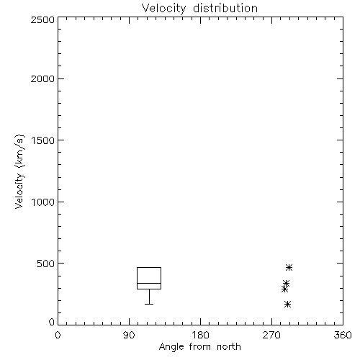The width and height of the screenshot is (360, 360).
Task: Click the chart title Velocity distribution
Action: (x=199, y=8)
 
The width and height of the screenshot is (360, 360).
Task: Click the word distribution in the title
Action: (x=225, y=8)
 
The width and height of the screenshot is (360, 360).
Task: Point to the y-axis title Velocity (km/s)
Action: (x=19, y=171)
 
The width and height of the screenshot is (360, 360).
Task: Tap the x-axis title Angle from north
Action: (x=199, y=347)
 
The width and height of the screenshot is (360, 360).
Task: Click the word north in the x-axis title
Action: (x=229, y=347)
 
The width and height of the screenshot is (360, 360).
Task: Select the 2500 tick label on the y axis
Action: (x=42, y=20)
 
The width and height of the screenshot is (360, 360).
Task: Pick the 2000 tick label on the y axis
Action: (x=42, y=79)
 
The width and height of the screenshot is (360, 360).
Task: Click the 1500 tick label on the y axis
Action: (x=43, y=140)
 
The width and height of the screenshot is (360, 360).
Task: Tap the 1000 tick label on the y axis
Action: (x=43, y=202)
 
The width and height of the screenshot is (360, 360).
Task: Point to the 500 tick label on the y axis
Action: (x=46, y=264)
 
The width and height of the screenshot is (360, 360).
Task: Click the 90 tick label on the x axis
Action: (x=129, y=335)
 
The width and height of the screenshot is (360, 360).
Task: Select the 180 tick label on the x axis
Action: (x=201, y=335)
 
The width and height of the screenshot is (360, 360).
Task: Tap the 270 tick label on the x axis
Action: (x=271, y=335)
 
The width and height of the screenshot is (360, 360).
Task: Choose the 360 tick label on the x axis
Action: (x=343, y=335)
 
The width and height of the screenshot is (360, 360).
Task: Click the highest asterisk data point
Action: (x=289, y=267)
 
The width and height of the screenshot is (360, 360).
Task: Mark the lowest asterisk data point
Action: (x=287, y=305)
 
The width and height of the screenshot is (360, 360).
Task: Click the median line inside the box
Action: (x=149, y=283)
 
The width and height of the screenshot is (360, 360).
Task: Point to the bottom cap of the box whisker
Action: (x=149, y=304)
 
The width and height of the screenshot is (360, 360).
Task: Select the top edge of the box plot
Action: (x=149, y=267)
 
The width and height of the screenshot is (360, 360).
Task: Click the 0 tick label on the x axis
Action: (x=58, y=335)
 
